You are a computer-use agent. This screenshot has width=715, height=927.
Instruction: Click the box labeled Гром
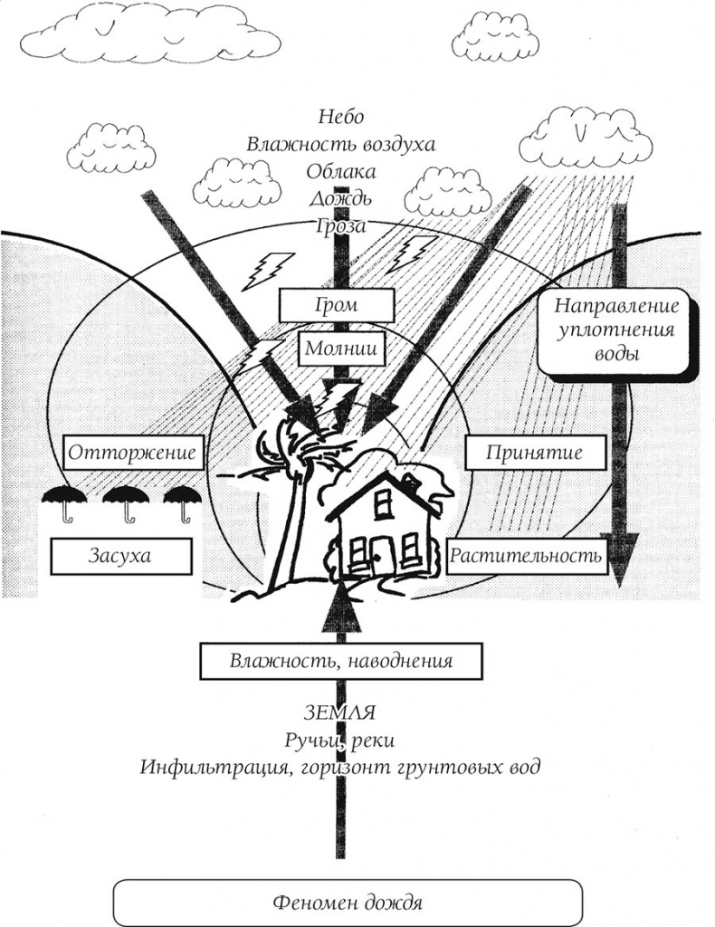336,305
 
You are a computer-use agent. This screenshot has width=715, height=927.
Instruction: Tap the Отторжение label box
132,452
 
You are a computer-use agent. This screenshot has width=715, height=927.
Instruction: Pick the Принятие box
533,452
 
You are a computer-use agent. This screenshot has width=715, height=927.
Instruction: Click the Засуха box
119,555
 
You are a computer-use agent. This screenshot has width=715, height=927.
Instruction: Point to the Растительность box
526,555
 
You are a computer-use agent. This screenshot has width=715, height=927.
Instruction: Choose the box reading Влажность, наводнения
340,661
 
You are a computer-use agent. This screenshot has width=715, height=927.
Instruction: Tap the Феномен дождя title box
348,903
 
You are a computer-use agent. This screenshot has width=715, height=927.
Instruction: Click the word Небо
340,117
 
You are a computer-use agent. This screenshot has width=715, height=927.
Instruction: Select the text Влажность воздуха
340,144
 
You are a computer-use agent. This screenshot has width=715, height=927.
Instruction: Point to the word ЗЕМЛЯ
340,712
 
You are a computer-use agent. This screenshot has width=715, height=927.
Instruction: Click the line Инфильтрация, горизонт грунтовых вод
340,768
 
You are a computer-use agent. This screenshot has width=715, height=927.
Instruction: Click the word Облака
340,171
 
